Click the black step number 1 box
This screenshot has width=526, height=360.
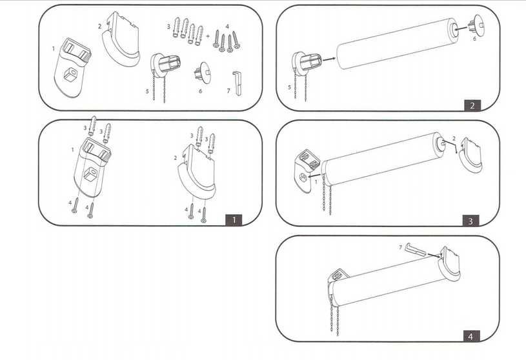[x=234, y=220]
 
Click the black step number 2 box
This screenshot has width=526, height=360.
[x=472, y=105]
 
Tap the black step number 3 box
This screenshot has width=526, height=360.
[x=470, y=221]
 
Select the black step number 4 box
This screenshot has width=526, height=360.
[x=470, y=336]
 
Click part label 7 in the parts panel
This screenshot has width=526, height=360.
[x=228, y=91]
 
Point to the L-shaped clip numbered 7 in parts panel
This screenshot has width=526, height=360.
[x=237, y=83]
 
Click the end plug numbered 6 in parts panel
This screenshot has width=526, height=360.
[x=203, y=72]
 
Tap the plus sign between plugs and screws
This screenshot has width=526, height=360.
[x=208, y=35]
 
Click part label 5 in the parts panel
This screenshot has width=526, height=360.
[x=147, y=91]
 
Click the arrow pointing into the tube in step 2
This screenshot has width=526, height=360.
[x=329, y=59]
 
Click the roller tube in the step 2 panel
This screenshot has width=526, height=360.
[x=398, y=44]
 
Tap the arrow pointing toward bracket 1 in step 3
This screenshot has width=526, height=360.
[x=314, y=175]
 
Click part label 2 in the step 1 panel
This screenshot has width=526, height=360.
[x=175, y=158]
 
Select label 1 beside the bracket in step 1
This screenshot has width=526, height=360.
[x=72, y=150]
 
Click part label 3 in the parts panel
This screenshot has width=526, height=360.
[x=168, y=26]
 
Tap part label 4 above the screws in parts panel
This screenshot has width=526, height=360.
[x=227, y=26]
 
